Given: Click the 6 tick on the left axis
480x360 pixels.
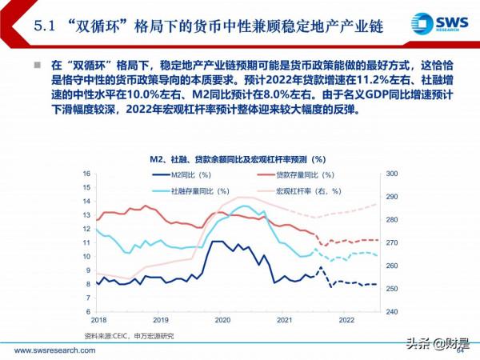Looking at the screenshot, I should click(x=88, y=312).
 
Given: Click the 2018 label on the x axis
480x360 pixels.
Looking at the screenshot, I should click(x=98, y=320).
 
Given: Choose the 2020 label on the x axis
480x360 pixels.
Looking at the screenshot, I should click(x=222, y=320).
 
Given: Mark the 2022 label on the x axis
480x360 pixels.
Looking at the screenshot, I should click(x=346, y=320).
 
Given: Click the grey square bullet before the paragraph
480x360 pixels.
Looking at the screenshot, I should click(x=37, y=63).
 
